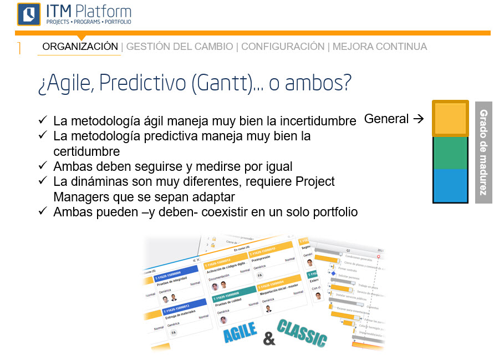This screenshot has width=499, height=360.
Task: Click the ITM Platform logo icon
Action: coord(29,14)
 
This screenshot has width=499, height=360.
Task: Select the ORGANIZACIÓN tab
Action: coord(80,47)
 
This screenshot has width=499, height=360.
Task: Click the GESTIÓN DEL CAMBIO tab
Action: coord(180,47)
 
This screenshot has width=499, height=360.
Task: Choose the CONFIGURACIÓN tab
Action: coord(283,47)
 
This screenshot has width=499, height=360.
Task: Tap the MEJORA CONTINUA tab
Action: coord(380,47)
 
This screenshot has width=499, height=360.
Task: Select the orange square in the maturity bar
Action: coord(450,119)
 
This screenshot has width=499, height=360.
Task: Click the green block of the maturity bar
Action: coord(450,153)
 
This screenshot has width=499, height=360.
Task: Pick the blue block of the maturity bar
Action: coord(450,185)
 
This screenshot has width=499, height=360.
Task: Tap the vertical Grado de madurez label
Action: coord(483,153)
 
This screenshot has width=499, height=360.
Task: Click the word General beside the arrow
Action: coord(386,119)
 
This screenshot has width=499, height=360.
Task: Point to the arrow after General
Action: coord(419,119)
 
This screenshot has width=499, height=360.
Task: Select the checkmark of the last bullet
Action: coord(43,211)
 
